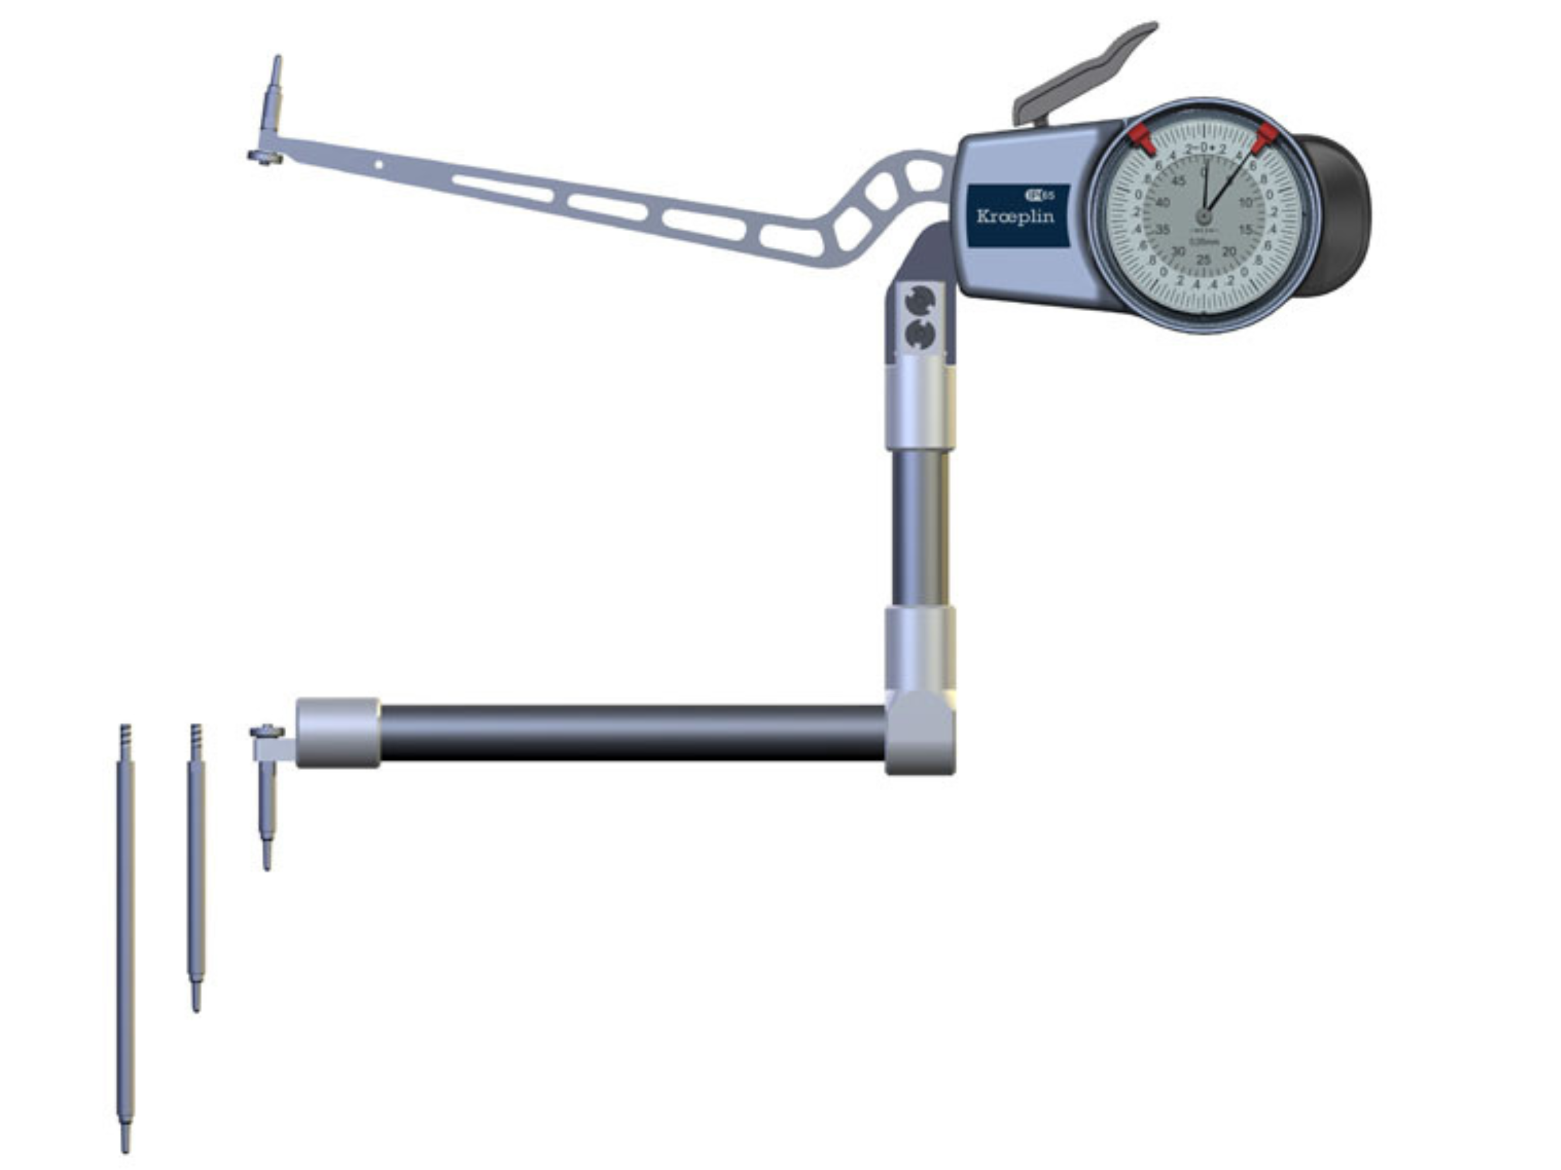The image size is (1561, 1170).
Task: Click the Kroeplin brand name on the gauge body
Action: pyautogui.click(x=1015, y=216)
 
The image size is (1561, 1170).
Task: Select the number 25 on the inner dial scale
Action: pyautogui.click(x=1203, y=260)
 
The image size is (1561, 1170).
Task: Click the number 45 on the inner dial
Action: pyautogui.click(x=1179, y=181)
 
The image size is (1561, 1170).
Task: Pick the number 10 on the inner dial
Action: pyautogui.click(x=1246, y=203)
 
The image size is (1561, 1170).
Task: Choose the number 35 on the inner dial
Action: pyautogui.click(x=1162, y=230)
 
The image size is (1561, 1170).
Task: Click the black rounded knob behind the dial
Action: pyautogui.click(x=1337, y=215)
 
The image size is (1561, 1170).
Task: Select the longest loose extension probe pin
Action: pyautogui.click(x=125, y=938)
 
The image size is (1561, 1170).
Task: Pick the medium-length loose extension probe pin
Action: pyautogui.click(x=195, y=868)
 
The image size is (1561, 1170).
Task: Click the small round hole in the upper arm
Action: pyautogui.click(x=378, y=165)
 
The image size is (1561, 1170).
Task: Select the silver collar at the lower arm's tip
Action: pyautogui.click(x=337, y=733)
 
